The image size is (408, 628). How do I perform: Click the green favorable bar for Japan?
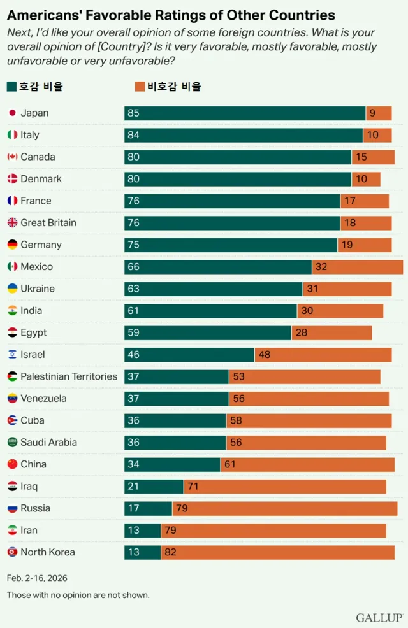pos(245,113)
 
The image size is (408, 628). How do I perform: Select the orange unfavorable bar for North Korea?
pos(278,552)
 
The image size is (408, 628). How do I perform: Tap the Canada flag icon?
pos(12,157)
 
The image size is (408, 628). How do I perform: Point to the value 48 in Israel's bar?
pos(265,355)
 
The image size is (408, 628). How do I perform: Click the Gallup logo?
pos(379,617)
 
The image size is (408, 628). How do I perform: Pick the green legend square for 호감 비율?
pos(12,87)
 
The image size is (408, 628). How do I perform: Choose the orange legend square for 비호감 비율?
pos(140,87)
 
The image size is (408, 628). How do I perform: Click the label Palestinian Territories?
pos(69,376)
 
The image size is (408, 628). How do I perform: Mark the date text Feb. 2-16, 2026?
pos(37,578)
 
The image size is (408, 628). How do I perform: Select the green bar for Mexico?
pos(218,267)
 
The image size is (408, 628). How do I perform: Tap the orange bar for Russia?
pos(285,508)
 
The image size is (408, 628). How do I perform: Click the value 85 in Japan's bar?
pos(133,113)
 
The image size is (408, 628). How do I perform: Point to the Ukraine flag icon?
pos(12,289)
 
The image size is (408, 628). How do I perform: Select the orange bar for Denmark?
pos(367,179)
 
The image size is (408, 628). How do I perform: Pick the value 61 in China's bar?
pos(230,464)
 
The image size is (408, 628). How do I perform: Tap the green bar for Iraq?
pos(154,487)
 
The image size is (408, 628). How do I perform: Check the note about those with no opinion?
pos(78,595)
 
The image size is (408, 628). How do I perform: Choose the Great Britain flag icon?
pos(12,223)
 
